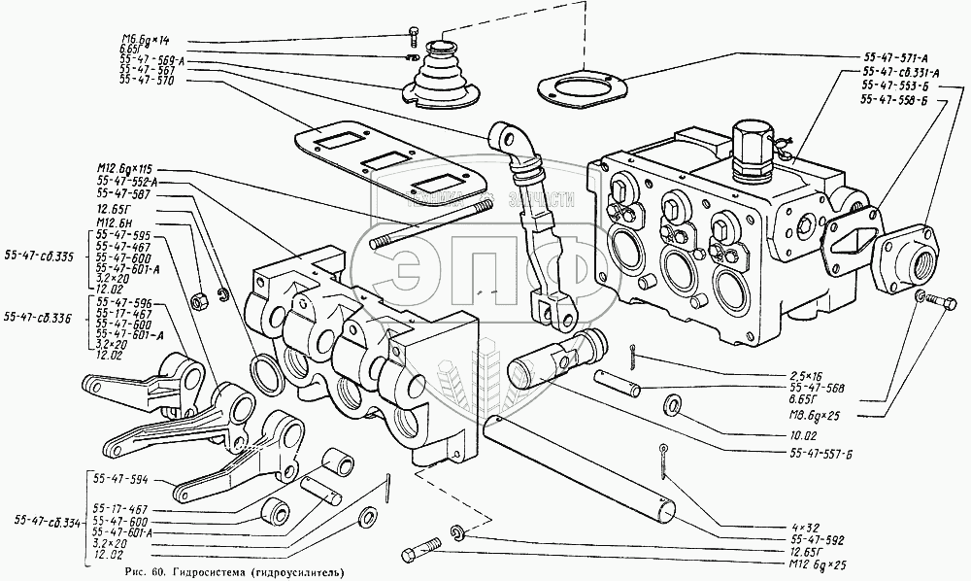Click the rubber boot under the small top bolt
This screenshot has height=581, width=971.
pos(440,76)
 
